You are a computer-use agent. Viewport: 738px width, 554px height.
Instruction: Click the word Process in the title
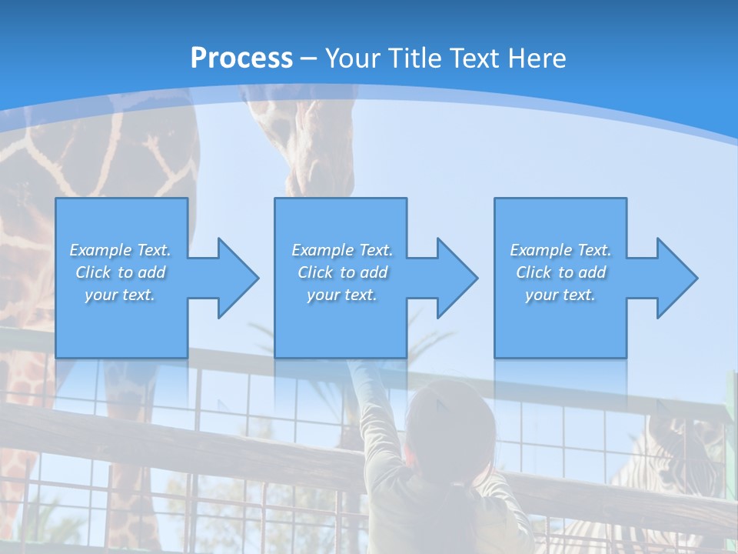[241, 58]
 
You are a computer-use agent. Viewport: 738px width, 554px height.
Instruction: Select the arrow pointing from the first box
[227, 278]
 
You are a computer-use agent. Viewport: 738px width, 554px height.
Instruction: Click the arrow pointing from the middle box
[446, 278]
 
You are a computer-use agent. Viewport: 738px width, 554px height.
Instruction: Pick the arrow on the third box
[666, 278]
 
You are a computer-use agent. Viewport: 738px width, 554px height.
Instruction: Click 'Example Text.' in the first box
[120, 250]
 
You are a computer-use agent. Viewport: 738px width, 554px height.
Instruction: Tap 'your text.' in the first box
[120, 295]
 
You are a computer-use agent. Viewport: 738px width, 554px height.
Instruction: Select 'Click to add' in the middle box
[342, 272]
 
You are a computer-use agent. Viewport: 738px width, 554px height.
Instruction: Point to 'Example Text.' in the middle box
[342, 250]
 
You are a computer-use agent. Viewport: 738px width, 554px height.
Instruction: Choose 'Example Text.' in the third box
[560, 250]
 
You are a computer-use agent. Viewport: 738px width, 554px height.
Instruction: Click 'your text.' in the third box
[560, 295]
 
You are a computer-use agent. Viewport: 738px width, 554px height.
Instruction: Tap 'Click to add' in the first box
[120, 272]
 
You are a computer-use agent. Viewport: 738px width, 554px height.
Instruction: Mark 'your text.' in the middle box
[342, 295]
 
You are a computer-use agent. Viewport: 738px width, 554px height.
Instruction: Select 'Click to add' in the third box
[560, 272]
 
